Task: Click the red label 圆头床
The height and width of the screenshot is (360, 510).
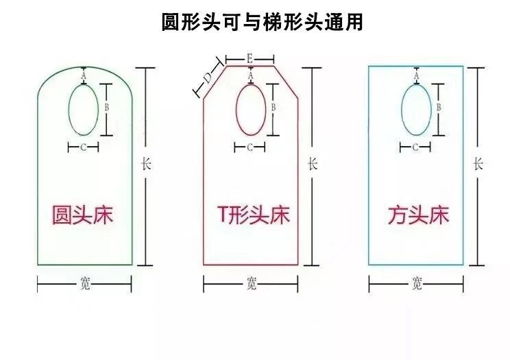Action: (x=83, y=215)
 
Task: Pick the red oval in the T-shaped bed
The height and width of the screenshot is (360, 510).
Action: (x=251, y=109)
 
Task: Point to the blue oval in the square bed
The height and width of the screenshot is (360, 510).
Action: (x=416, y=109)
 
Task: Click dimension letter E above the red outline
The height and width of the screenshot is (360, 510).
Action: (x=250, y=58)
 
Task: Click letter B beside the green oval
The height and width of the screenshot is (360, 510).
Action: (x=107, y=108)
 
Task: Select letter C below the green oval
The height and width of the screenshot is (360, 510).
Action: (x=84, y=147)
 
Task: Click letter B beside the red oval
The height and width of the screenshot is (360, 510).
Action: (x=274, y=107)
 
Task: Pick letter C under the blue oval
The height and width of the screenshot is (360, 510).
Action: (x=415, y=147)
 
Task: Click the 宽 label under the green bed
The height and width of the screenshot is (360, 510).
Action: (x=84, y=284)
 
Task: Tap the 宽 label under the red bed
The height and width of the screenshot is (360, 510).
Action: (x=251, y=284)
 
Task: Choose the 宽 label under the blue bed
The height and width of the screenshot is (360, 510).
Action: (x=416, y=284)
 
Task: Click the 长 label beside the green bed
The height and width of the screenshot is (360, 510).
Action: (x=145, y=165)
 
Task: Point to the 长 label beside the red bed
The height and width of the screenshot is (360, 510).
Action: (x=312, y=165)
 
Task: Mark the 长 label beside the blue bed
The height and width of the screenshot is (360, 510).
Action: (x=478, y=165)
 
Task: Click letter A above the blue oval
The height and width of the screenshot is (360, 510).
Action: (x=417, y=76)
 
